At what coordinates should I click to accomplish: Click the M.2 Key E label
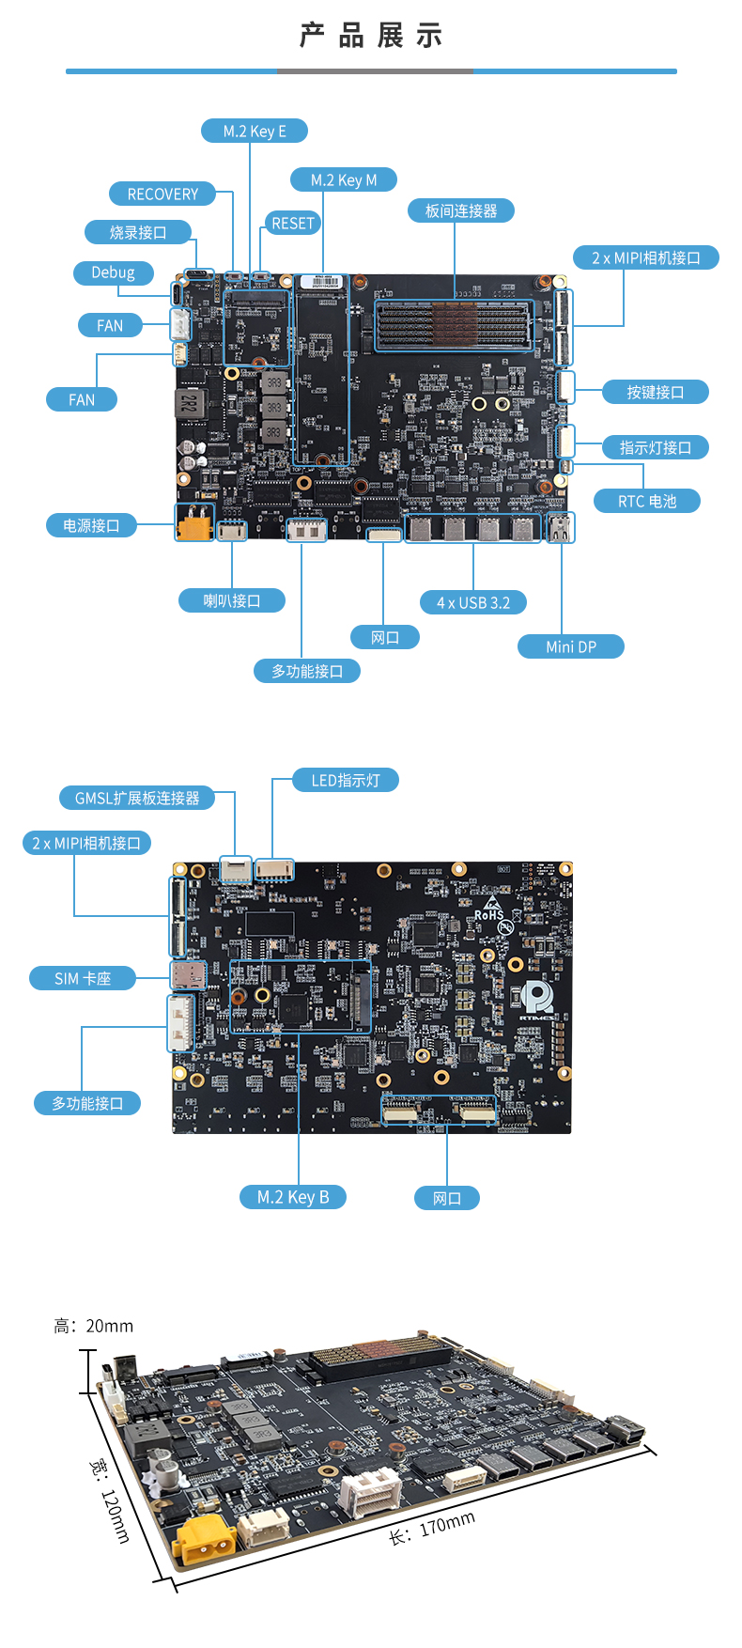click(255, 131)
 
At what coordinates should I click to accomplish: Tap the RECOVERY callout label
click(162, 194)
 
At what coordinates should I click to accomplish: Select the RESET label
click(292, 224)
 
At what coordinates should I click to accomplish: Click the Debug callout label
click(113, 272)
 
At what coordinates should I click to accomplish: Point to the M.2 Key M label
click(344, 179)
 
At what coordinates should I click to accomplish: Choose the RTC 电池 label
click(647, 501)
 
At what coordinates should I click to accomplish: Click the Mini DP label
click(571, 646)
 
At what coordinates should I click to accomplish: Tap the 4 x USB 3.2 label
click(473, 602)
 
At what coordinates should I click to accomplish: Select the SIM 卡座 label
click(83, 978)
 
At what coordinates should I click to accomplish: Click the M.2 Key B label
click(293, 1197)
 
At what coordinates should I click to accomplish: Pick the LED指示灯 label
click(346, 780)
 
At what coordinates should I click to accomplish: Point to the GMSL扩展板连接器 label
click(137, 798)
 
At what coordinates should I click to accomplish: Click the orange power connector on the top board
click(194, 523)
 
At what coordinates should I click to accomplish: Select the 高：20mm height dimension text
click(94, 1326)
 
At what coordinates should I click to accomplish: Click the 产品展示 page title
click(371, 36)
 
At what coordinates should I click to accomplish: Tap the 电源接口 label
click(91, 525)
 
